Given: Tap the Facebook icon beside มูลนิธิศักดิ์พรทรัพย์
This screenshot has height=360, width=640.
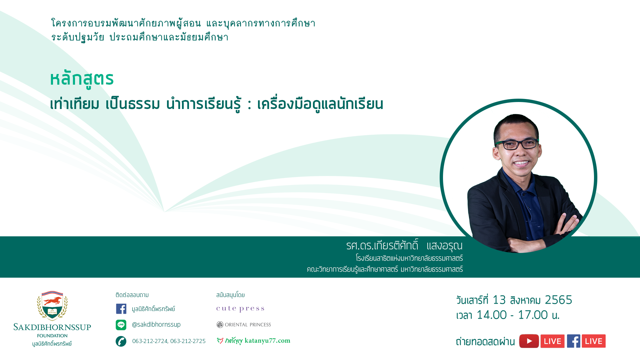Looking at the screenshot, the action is coord(121,309).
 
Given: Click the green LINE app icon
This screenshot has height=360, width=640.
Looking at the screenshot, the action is coord(121,325).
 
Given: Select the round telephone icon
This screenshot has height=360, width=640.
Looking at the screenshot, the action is coord(121,341).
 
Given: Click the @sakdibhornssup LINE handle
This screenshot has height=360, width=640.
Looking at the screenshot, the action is coord(156,325).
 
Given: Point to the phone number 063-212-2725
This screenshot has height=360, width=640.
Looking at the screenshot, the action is coord(188,341).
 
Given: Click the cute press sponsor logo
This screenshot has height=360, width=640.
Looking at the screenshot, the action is coord(240,309).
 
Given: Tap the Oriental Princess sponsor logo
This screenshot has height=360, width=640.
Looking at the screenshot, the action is coord(244,325).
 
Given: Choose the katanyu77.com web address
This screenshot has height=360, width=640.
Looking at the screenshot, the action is coord(267,341).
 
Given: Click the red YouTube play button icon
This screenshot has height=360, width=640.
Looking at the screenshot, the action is coord(529,341).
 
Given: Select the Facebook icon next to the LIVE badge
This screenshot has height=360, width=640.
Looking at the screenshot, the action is coord(574,341).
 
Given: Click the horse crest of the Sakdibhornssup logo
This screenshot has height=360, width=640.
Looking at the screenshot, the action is coord(52,305).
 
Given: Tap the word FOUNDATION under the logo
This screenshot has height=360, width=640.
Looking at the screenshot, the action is coord(52,336).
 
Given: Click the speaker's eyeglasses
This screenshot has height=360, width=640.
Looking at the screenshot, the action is coord(517,144).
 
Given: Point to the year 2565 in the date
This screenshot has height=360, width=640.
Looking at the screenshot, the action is coord(558,300).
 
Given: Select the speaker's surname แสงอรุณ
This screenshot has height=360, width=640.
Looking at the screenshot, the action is coord(444,246).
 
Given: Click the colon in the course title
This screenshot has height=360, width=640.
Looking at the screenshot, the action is coord(249,104).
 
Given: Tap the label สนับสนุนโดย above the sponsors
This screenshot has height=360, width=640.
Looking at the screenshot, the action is coord(230,295).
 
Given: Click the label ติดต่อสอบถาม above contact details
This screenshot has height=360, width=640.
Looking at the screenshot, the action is coord(132,295).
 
